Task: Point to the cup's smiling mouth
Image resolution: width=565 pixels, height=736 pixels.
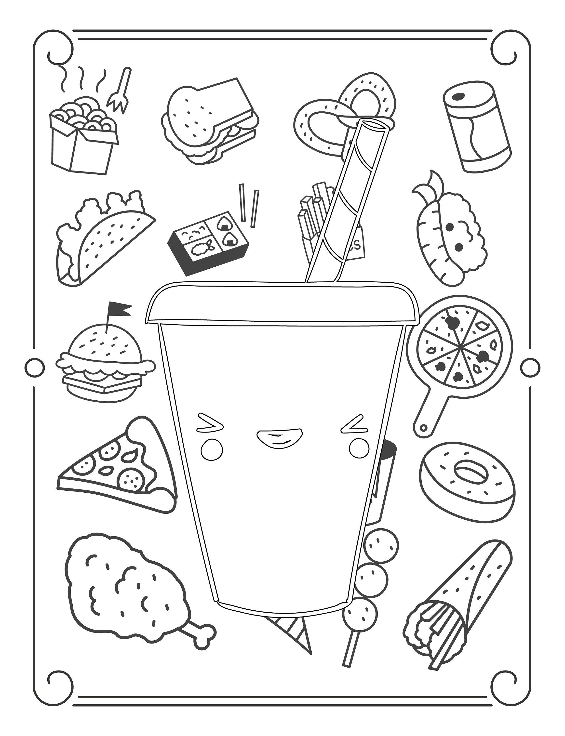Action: tap(279, 437)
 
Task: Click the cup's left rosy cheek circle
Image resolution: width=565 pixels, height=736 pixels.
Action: tap(212, 449)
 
